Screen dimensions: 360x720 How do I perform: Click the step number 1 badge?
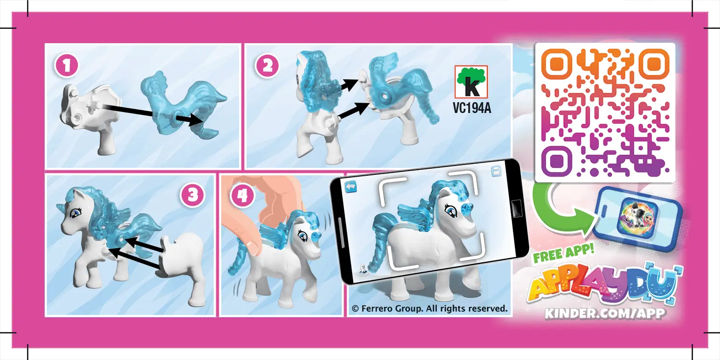pyautogui.click(x=67, y=66)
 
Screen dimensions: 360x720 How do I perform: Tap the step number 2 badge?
pyautogui.click(x=267, y=66)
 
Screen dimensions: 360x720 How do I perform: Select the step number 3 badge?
pyautogui.click(x=193, y=195)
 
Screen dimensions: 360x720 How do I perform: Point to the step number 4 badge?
pyautogui.click(x=242, y=196)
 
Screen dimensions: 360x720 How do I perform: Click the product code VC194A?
pyautogui.click(x=471, y=108)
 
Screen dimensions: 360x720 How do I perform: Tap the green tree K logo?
pyautogui.click(x=471, y=82)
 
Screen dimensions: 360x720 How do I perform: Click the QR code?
pyautogui.click(x=605, y=112)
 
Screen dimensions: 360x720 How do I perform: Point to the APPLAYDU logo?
pyautogui.click(x=605, y=286)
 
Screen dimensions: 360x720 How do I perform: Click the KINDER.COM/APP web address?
pyautogui.click(x=605, y=313)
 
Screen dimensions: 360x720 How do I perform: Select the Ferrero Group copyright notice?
pyautogui.click(x=429, y=308)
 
